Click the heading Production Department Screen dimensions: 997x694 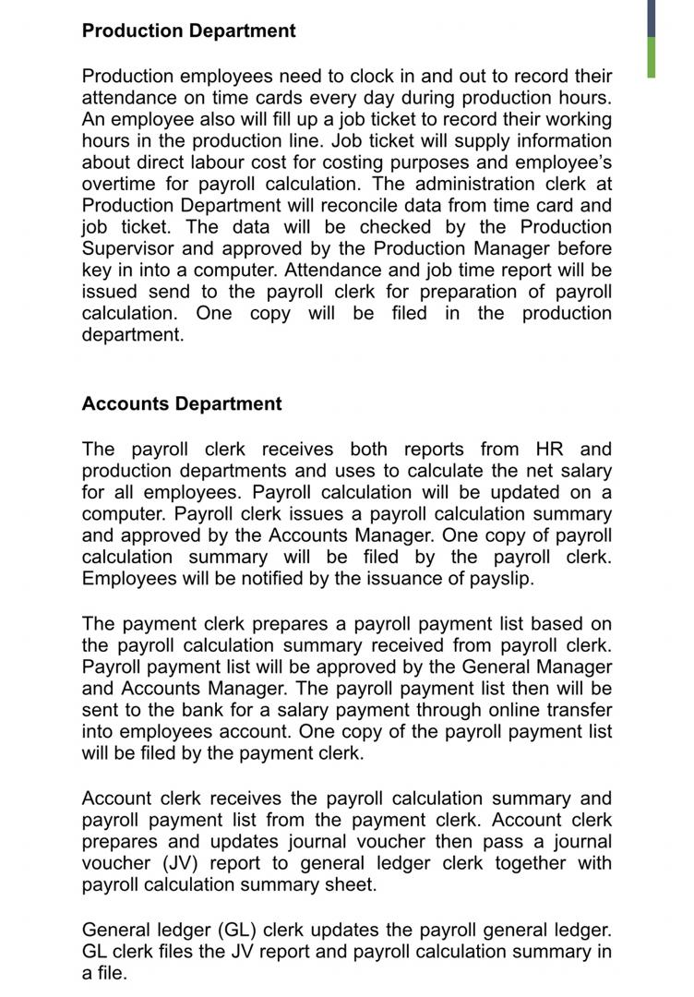click(188, 30)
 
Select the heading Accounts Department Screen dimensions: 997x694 click(182, 403)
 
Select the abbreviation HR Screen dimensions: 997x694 click(550, 450)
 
